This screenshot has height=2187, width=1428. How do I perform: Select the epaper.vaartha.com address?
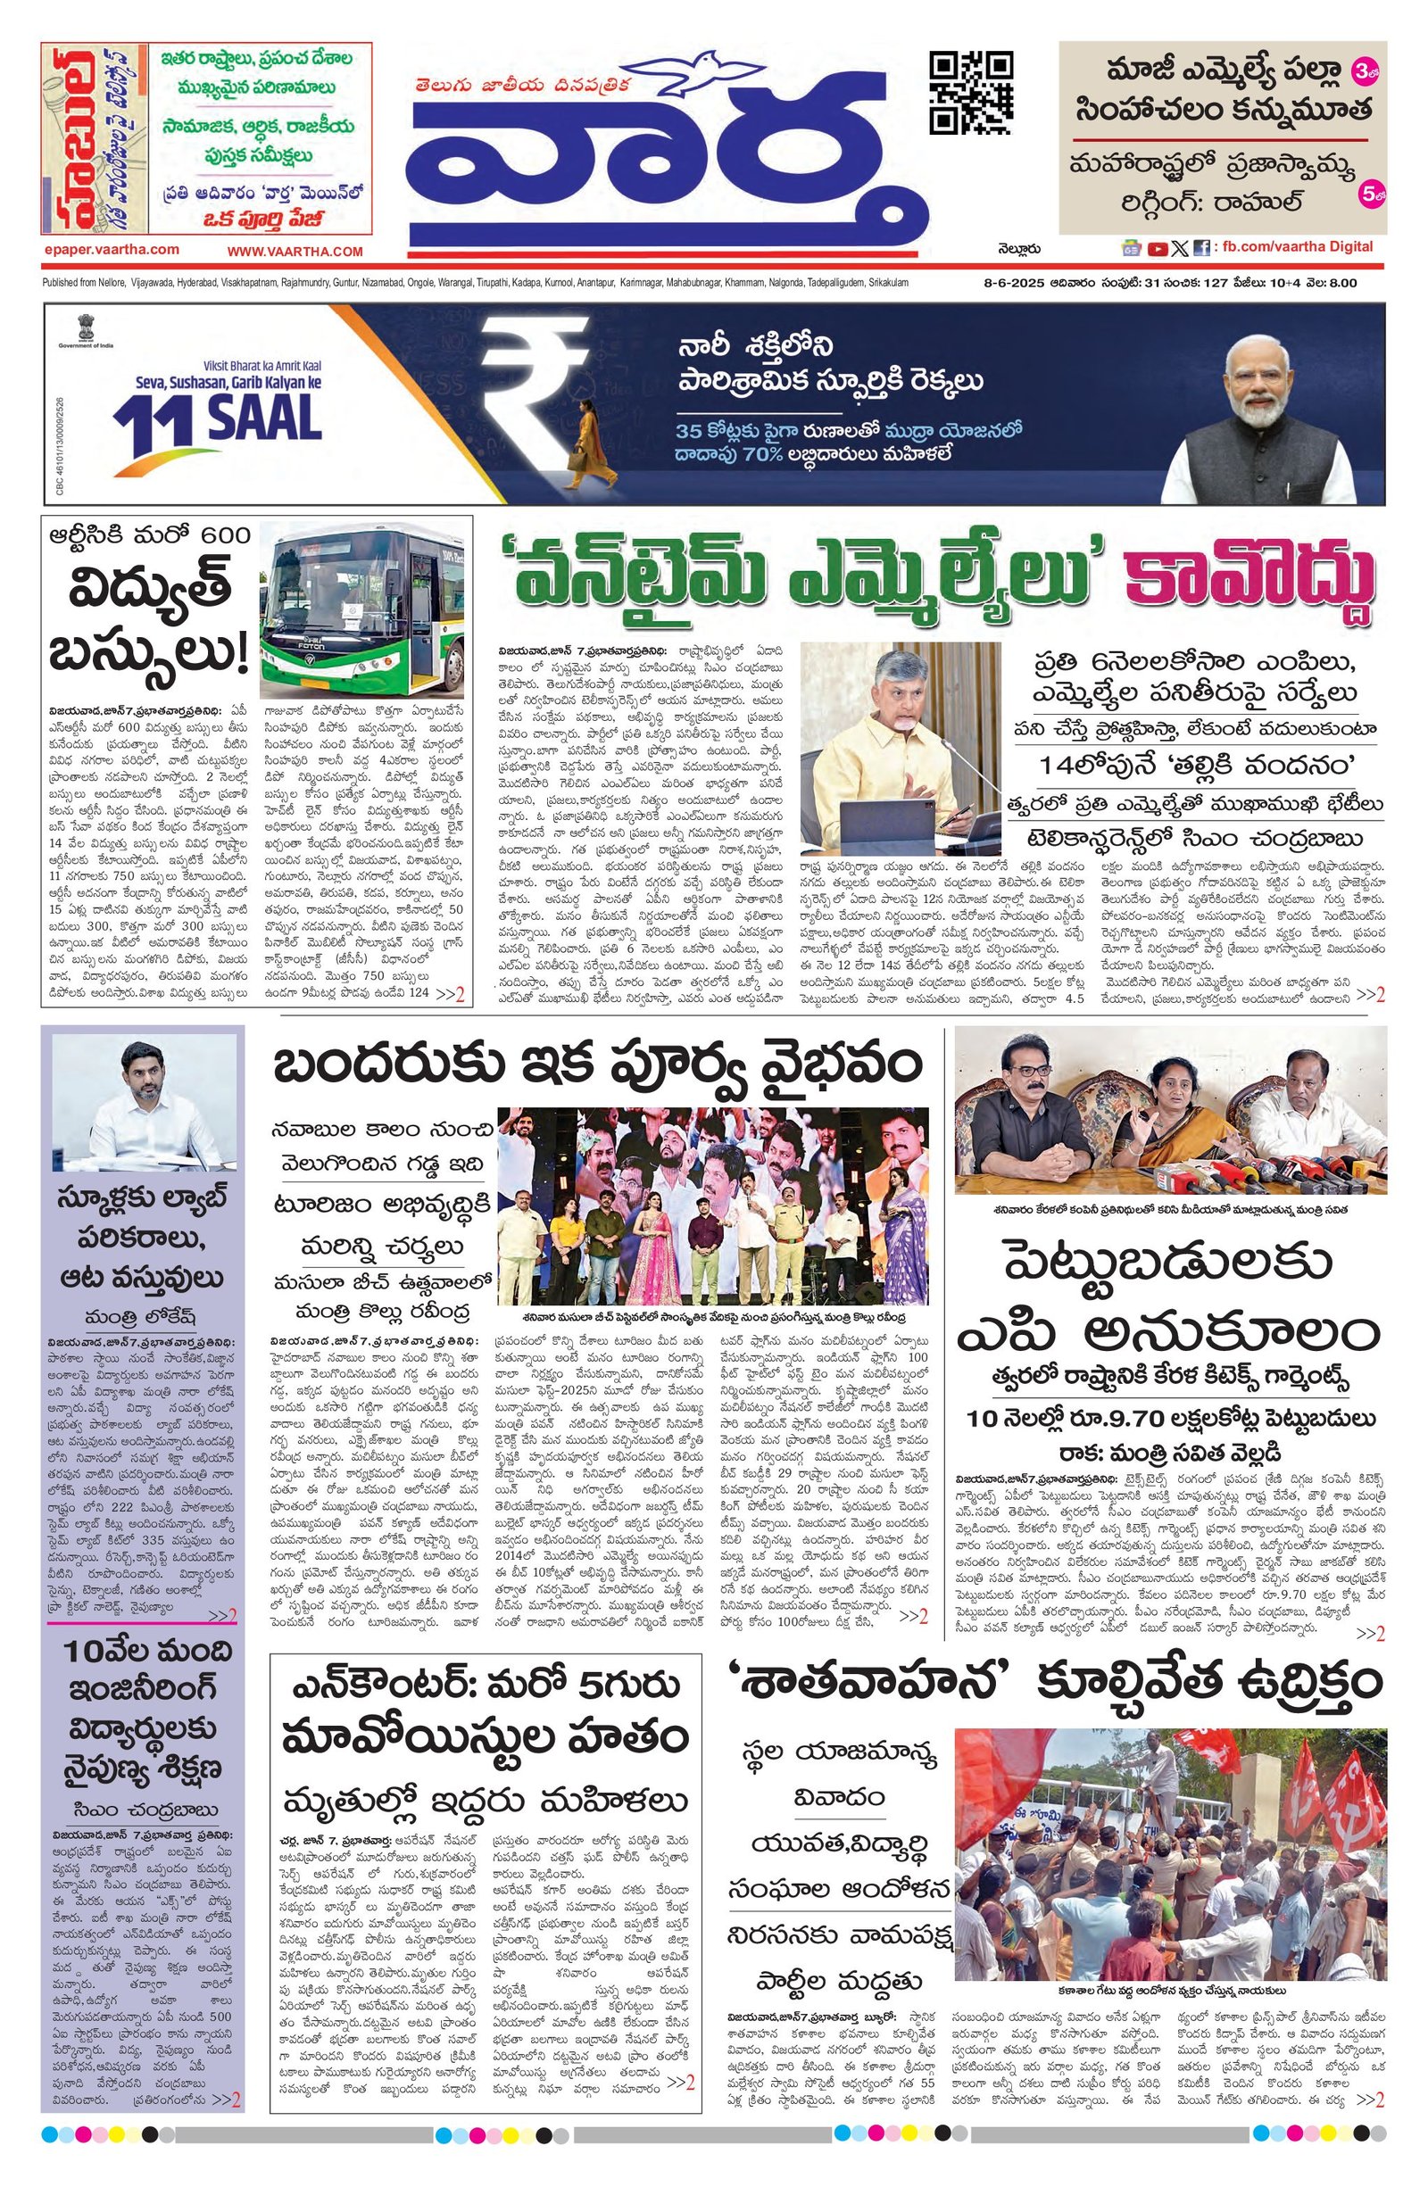click(112, 250)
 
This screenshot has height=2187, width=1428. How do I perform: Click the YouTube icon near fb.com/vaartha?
click(1156, 247)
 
